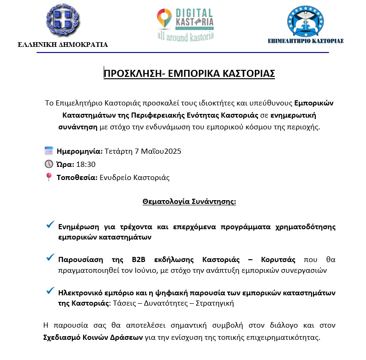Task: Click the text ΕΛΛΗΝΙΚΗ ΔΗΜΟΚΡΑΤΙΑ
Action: click(x=62, y=45)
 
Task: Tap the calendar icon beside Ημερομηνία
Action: click(x=49, y=151)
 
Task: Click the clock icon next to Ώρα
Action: click(x=49, y=164)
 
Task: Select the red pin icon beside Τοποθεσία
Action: click(x=49, y=177)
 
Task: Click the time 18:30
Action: click(x=85, y=165)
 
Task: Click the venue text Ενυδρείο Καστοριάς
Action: click(x=134, y=178)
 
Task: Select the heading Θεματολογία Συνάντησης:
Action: click(x=189, y=202)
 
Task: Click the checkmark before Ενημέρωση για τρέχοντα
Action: click(x=50, y=225)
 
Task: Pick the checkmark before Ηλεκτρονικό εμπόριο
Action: click(x=50, y=291)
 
